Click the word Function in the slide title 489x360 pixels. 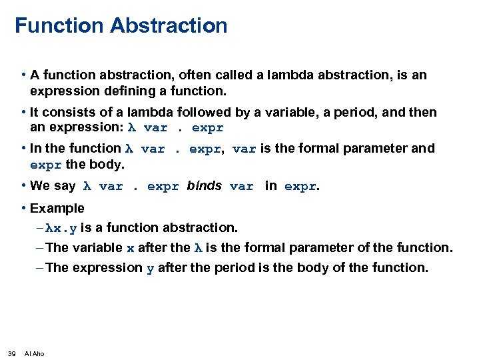(x=59, y=26)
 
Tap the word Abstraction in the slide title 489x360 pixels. (x=169, y=26)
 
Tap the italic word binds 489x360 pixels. (x=204, y=186)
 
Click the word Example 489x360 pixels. (x=57, y=209)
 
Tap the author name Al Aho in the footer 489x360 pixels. (x=34, y=353)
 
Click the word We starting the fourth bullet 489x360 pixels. (x=40, y=186)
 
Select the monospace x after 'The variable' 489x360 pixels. (x=130, y=248)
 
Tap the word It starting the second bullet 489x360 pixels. (x=35, y=112)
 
